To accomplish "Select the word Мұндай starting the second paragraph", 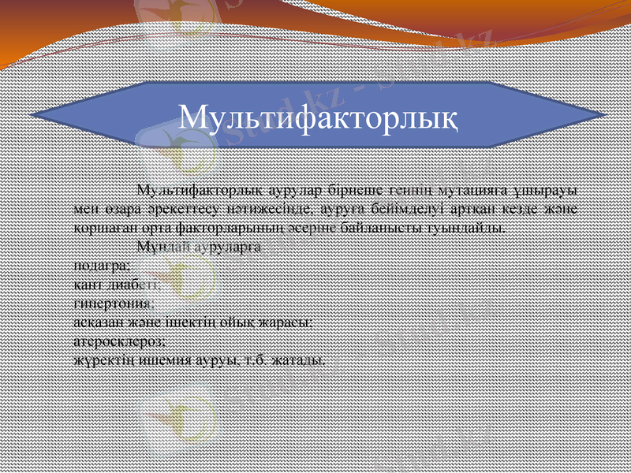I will tap(159, 247).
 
